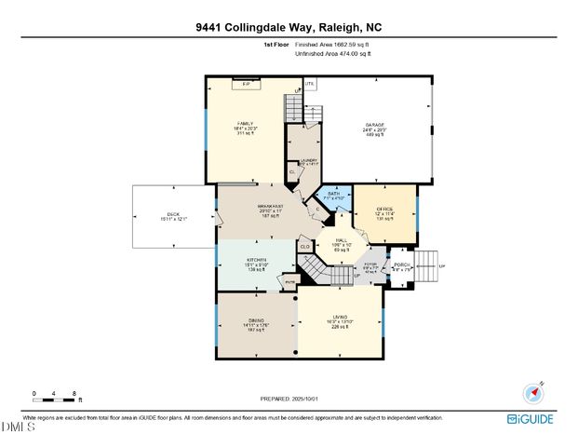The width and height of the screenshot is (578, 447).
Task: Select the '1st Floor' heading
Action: tap(276, 44)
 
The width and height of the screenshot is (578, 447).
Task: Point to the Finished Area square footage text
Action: tap(331, 44)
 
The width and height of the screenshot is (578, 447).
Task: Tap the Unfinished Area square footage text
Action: tap(333, 54)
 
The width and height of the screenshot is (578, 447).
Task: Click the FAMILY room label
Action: tap(245, 124)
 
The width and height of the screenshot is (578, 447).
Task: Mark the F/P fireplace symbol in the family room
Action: tap(247, 84)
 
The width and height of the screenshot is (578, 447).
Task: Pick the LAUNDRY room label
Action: tap(309, 160)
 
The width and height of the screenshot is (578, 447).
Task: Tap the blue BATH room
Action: tap(332, 196)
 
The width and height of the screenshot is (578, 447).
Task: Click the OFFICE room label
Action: tap(384, 210)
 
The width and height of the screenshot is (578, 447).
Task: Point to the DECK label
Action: tap(172, 215)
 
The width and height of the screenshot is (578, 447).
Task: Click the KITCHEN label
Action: tap(257, 260)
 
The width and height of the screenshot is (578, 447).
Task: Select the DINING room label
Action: tap(256, 320)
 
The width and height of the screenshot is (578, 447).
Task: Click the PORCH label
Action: tap(401, 265)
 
